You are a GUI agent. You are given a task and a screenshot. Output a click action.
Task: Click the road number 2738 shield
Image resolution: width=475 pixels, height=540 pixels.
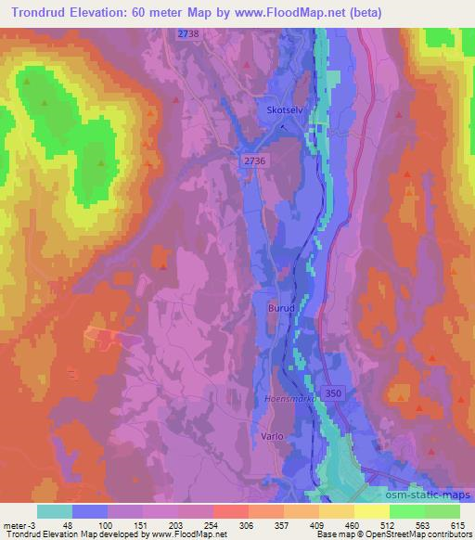189,33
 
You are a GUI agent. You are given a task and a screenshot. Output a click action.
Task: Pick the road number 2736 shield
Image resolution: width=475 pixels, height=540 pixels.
254,161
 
